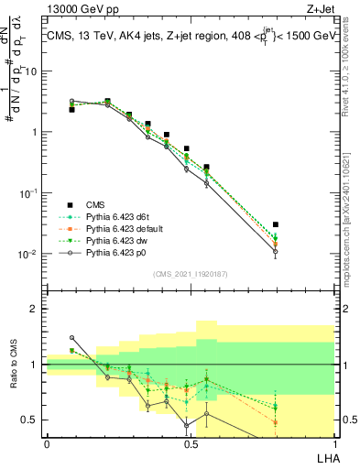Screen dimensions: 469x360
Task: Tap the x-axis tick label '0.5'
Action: tap(191, 444)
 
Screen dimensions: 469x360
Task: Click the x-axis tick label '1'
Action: tap(333, 444)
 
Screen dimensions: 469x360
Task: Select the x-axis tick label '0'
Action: tap(47, 444)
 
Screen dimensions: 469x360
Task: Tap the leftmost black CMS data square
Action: tap(71, 109)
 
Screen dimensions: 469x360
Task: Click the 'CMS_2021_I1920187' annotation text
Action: tap(191, 273)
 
